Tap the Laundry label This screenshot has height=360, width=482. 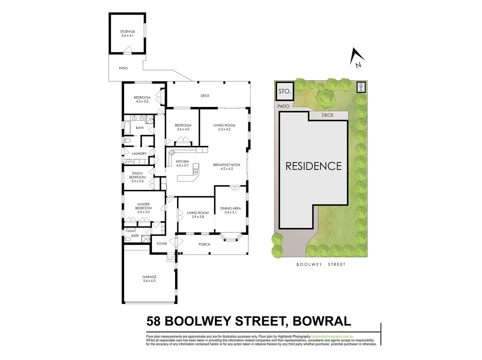139,154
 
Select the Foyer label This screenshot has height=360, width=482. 162,244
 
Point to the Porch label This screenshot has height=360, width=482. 204,244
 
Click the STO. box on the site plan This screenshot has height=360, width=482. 284,91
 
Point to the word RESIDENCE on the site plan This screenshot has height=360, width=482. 314,166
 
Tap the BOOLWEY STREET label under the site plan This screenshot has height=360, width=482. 321,264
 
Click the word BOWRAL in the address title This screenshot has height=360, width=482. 322,321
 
